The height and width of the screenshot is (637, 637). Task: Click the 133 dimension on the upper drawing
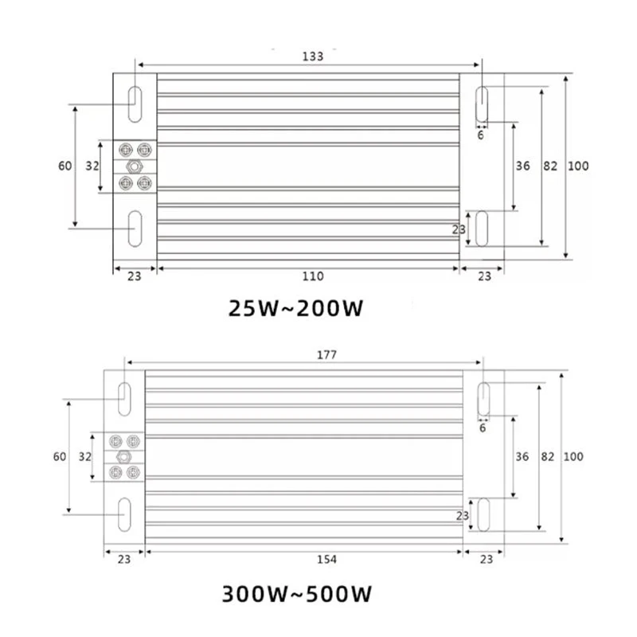(313, 56)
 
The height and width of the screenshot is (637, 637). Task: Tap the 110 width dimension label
(313, 276)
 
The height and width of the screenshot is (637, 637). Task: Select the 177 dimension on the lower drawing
(326, 354)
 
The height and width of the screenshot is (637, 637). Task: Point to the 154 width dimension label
(326, 560)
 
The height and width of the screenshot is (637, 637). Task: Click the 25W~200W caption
(295, 308)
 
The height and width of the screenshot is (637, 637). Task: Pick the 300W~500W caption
(296, 594)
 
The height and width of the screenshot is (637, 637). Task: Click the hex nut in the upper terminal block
(135, 166)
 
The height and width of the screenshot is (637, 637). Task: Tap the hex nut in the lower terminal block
(124, 457)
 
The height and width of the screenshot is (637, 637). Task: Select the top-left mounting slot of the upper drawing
(135, 104)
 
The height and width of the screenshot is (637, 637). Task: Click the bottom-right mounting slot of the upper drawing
(482, 229)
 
